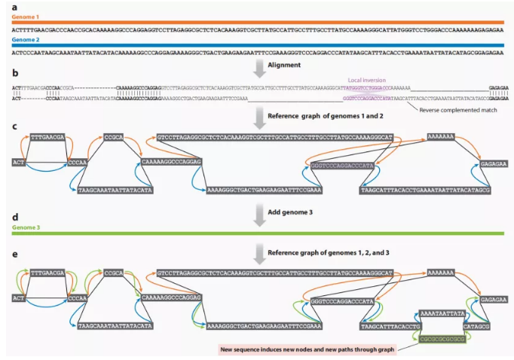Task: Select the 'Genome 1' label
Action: pos(24,16)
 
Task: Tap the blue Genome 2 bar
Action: pos(257,45)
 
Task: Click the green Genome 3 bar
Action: pos(257,234)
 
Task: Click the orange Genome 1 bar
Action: pos(257,23)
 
